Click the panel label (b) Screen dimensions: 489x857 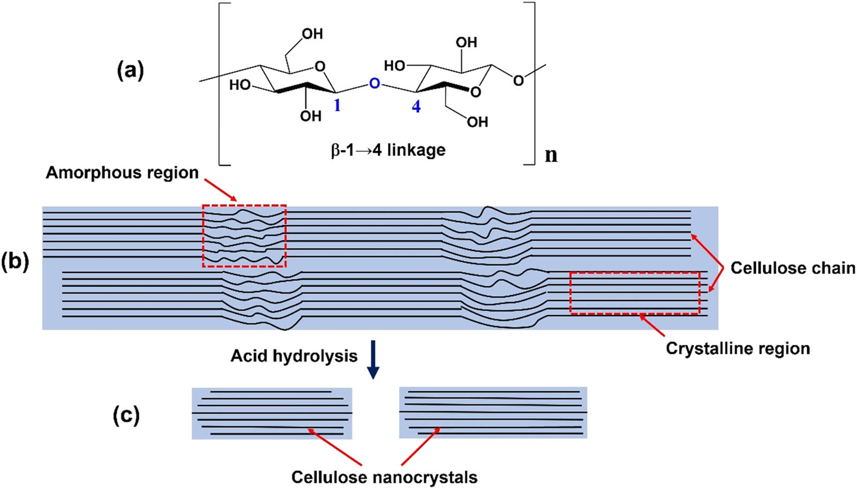coord(15,262)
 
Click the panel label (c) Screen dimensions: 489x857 coord(126,416)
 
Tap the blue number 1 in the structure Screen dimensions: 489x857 coord(337,105)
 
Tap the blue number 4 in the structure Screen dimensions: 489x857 coord(416,106)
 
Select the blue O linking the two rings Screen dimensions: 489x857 coord(374,83)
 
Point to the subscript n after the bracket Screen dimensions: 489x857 coord(551,155)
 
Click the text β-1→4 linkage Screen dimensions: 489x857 coord(388,150)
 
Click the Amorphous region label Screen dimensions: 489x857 coord(122,172)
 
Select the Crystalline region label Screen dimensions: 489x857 coord(738,348)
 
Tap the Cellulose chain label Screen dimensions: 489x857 coord(793,268)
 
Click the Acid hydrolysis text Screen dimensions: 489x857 coord(294,356)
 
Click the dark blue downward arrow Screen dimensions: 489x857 coord(373,366)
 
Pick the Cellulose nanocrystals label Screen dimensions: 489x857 coord(384,477)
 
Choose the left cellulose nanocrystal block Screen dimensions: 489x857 coord(272,413)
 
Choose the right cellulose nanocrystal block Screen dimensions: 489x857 coord(493,412)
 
